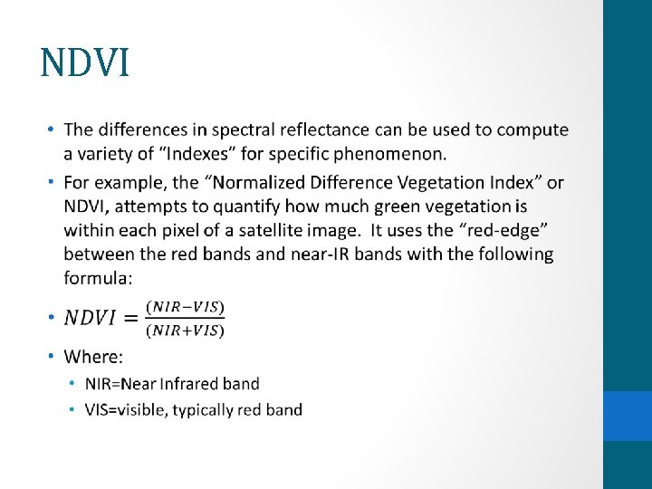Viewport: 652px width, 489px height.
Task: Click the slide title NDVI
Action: pyautogui.click(x=85, y=62)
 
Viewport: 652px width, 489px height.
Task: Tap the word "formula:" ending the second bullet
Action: pyautogui.click(x=100, y=277)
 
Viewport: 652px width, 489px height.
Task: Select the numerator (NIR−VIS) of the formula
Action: pyautogui.click(x=187, y=306)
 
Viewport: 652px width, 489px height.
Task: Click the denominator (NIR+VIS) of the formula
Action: pyautogui.click(x=187, y=330)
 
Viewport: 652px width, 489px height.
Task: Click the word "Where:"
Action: pyautogui.click(x=93, y=357)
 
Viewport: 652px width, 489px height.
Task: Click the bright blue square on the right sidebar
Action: pyautogui.click(x=628, y=416)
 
